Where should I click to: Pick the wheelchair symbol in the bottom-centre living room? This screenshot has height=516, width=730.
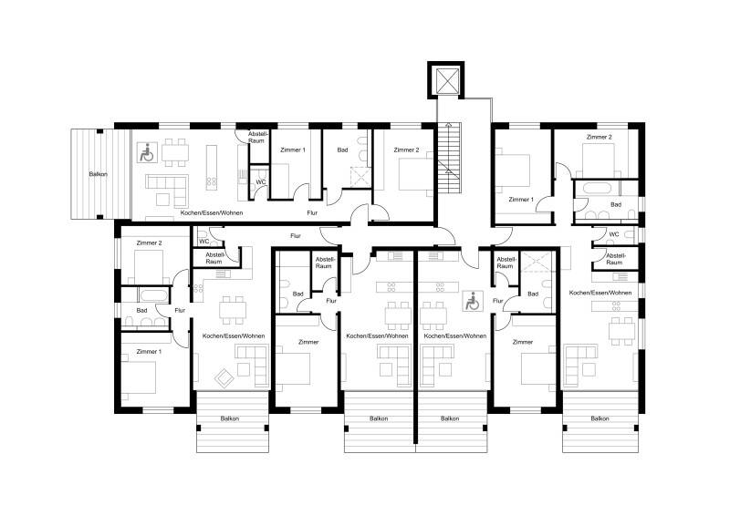pos(472,301)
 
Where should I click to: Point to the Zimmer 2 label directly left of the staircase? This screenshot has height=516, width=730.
pos(406,150)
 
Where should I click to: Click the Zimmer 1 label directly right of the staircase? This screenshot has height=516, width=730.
pos(520,199)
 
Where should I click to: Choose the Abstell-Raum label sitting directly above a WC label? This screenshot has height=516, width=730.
pos(256,139)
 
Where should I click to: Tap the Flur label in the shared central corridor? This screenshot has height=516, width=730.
pos(296,236)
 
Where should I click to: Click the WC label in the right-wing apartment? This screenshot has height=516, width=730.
pos(613,234)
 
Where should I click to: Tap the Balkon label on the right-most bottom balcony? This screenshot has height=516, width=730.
pos(600,418)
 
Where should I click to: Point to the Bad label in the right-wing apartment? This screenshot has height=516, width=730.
pos(616,205)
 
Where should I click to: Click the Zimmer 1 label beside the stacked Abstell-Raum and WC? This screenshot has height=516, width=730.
pos(292,150)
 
